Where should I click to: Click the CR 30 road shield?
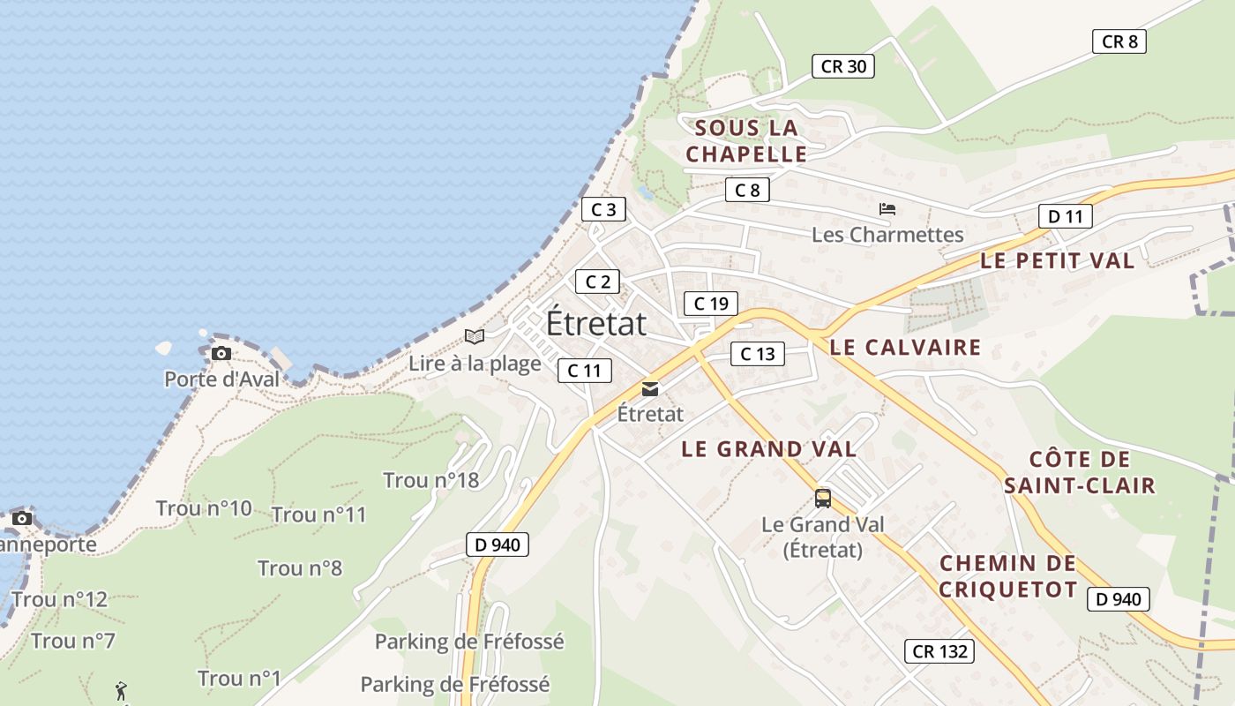843,66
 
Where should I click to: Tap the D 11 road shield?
1065,216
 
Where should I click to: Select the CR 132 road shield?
939,651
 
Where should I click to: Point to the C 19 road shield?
710,304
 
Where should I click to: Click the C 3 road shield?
603,209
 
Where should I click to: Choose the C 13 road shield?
757,354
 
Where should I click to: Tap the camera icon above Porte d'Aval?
221,354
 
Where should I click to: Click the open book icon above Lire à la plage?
475,336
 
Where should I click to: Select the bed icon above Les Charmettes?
887,209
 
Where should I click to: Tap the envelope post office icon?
650,388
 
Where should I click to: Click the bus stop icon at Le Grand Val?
823,499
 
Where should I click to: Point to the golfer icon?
121,690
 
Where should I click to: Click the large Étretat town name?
596,323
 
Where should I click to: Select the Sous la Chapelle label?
746,141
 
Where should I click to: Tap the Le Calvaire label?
905,347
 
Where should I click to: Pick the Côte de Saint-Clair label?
1079,472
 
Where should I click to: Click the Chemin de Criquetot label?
1007,576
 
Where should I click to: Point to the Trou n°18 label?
430,480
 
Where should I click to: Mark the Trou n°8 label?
300,567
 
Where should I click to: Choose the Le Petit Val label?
1058,260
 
